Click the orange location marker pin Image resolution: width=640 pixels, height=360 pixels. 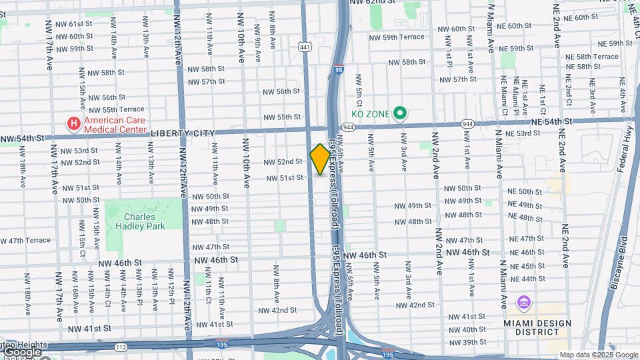(320, 159)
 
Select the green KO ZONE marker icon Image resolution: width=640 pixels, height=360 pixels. (400, 114)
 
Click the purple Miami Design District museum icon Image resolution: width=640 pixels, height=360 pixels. (523, 303)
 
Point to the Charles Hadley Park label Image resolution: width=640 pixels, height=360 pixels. (139, 221)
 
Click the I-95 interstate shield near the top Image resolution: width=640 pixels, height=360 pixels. (339, 68)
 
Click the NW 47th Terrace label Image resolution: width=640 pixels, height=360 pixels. (25, 240)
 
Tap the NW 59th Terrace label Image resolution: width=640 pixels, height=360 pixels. (397, 37)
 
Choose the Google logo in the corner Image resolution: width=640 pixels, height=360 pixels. (21, 351)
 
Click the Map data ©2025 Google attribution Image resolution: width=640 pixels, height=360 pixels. (599, 355)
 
